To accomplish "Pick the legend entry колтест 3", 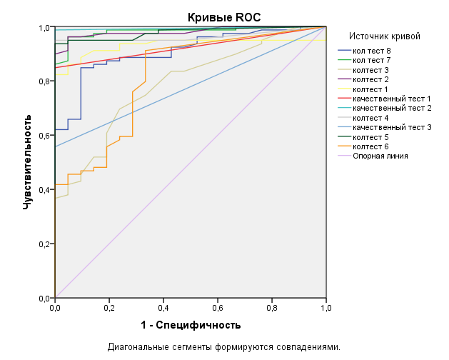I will click(370, 70).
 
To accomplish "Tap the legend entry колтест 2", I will click(370, 79).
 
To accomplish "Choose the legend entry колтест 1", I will click(370, 89).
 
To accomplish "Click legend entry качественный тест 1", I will click(390, 98).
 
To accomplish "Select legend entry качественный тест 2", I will click(390, 108).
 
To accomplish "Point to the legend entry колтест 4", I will click(370, 117).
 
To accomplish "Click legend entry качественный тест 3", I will click(390, 126).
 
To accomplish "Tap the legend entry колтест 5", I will click(370, 136).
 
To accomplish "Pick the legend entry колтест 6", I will click(370, 145).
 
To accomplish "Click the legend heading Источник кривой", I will click(384, 36).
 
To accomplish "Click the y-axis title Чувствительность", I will click(27, 160).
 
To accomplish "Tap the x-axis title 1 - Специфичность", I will click(191, 325).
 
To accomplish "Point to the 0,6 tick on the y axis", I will click(44, 136).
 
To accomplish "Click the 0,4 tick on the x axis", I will click(163, 309).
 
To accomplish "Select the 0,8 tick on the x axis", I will click(272, 309).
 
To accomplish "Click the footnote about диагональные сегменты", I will click(224, 347).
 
